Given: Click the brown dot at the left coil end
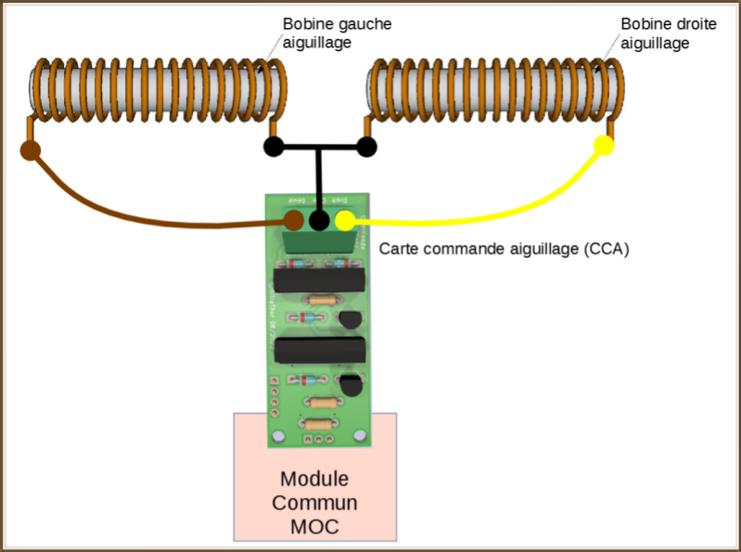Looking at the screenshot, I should (x=31, y=151).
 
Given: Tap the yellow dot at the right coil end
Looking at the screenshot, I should (x=603, y=146).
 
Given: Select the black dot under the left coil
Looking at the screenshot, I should (x=274, y=147).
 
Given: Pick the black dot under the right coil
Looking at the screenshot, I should (x=366, y=147).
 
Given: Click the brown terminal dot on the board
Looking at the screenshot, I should (x=294, y=220).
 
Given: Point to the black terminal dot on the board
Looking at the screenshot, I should (x=319, y=220).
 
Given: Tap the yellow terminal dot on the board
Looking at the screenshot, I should (x=344, y=220).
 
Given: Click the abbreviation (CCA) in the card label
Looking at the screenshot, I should (x=607, y=249).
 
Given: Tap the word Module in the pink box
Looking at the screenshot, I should (x=314, y=480).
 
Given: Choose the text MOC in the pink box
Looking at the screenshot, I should (x=314, y=526).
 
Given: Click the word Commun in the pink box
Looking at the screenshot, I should (x=314, y=503).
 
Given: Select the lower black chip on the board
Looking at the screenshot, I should (x=320, y=350).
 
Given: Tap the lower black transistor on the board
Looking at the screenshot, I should (x=351, y=384).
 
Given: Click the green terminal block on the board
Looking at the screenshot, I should (x=320, y=240).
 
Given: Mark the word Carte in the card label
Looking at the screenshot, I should (x=400, y=249).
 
